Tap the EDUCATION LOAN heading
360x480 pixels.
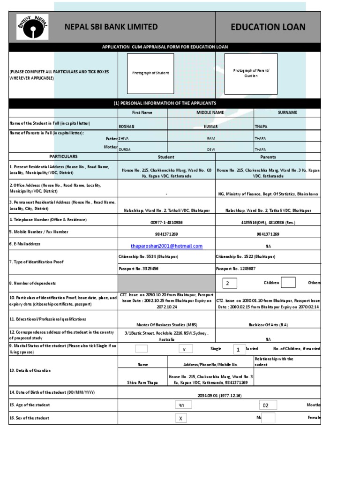click(x=268, y=27)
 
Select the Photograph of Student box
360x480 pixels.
click(x=150, y=73)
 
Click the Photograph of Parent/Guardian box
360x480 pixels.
click(x=251, y=73)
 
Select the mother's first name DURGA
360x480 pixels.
click(x=125, y=150)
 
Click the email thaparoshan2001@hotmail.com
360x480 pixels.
click(x=166, y=246)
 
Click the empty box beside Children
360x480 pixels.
click(x=288, y=283)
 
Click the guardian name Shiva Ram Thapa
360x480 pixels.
click(x=142, y=382)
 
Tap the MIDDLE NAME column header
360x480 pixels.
click(x=210, y=112)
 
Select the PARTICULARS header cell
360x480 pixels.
click(x=63, y=157)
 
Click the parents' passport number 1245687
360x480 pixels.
click(x=235, y=269)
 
